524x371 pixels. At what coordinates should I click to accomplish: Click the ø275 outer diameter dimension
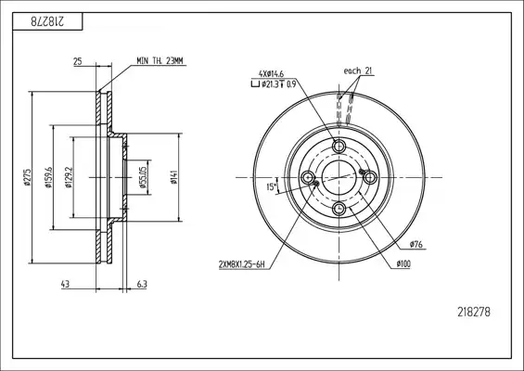pyautogui.click(x=27, y=177)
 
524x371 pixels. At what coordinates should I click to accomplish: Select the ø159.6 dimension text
pyautogui.click(x=48, y=177)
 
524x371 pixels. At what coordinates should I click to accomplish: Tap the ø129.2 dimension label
pyautogui.click(x=69, y=177)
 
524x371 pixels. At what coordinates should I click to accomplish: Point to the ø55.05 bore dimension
pyautogui.click(x=143, y=177)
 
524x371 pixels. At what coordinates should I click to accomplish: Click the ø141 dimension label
pyautogui.click(x=173, y=177)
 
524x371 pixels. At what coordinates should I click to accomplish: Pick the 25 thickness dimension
pyautogui.click(x=78, y=61)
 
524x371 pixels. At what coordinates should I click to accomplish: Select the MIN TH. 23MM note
pyautogui.click(x=160, y=61)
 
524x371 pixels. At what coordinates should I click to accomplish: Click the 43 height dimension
pyautogui.click(x=66, y=284)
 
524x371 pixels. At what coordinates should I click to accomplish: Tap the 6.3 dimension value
pyautogui.click(x=142, y=284)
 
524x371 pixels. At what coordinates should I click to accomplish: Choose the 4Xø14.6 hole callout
pyautogui.click(x=271, y=74)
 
